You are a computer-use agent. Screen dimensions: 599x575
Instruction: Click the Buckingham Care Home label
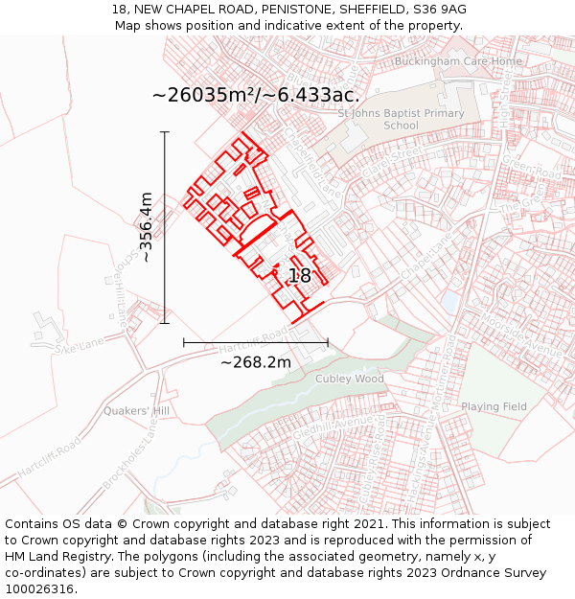tap(460, 61)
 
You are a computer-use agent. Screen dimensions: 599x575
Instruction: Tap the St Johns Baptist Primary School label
tap(401, 120)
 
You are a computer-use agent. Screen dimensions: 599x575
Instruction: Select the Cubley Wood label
tap(350, 379)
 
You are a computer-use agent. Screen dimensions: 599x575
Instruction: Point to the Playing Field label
tap(494, 406)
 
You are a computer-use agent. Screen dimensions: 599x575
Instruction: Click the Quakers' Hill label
tap(136, 411)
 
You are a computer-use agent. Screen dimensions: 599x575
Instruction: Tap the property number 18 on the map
tap(299, 276)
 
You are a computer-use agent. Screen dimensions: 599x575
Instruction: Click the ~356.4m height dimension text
tap(147, 227)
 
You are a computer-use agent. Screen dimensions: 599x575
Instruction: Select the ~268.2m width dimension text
tap(255, 362)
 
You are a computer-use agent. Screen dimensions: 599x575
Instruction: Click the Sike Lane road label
tap(79, 347)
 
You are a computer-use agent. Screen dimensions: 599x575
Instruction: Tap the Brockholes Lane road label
tap(130, 459)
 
